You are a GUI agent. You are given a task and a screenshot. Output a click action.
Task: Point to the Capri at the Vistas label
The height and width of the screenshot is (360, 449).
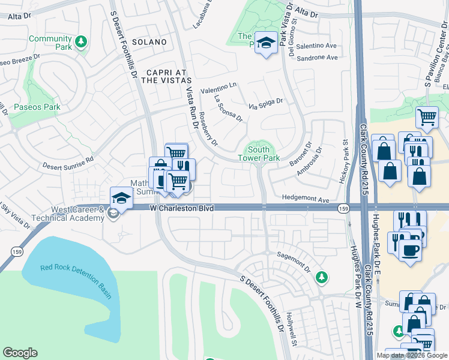tap(158, 73)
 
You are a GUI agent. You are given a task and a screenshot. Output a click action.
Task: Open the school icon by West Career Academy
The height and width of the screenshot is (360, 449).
tap(121, 197)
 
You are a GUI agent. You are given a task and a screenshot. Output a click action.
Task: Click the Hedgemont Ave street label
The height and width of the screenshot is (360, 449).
tap(306, 199)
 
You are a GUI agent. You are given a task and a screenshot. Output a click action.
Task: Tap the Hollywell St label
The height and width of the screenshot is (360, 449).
tap(292, 329)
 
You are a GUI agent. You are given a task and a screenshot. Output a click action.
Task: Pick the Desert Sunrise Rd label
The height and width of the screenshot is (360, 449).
tap(68, 162)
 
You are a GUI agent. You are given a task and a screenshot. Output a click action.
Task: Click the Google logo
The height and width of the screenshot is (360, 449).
tap(20, 353)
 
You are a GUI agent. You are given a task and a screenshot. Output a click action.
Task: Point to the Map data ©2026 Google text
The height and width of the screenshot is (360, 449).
tap(412, 355)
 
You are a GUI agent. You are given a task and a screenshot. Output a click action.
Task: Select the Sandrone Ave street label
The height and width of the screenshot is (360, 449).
tap(318, 58)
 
